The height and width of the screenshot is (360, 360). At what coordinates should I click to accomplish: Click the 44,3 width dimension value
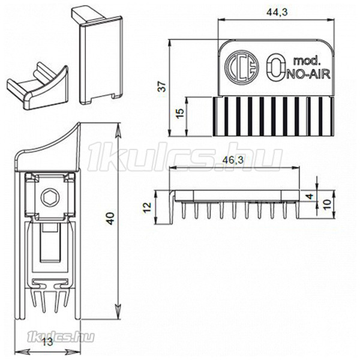277,12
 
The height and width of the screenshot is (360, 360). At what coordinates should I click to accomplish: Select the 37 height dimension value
163,86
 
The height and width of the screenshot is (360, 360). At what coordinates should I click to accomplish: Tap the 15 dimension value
181,113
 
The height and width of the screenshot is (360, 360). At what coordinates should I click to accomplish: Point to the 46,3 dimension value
233,160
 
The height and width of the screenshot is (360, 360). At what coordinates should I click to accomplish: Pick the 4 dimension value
310,197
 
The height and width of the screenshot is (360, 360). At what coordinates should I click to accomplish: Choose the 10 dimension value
328,204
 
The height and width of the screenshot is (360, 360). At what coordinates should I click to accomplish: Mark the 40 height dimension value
110,218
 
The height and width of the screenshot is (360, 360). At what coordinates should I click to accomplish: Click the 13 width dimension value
47,343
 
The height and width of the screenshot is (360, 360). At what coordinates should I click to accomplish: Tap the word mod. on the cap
307,61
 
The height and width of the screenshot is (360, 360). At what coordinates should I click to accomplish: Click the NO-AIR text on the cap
308,74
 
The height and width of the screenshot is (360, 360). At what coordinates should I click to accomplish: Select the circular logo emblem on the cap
242,68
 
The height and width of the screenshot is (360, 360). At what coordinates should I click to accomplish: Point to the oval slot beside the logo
276,67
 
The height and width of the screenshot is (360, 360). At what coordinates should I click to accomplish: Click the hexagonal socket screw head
50,197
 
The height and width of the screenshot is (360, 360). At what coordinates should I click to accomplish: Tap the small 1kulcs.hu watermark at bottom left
61,337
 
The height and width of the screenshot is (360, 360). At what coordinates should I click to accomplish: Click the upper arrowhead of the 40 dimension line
118,130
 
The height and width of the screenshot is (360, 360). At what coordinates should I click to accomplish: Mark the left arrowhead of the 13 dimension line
22,352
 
